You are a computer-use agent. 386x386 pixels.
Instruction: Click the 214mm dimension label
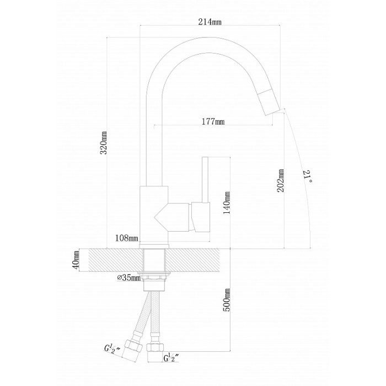click(x=212, y=22)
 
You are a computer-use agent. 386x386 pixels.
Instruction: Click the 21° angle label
click(x=308, y=176)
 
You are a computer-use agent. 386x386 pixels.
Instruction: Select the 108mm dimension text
click(x=126, y=238)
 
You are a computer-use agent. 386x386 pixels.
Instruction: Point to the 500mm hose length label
click(x=227, y=301)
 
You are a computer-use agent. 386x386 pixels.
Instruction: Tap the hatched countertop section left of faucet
click(x=110, y=259)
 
